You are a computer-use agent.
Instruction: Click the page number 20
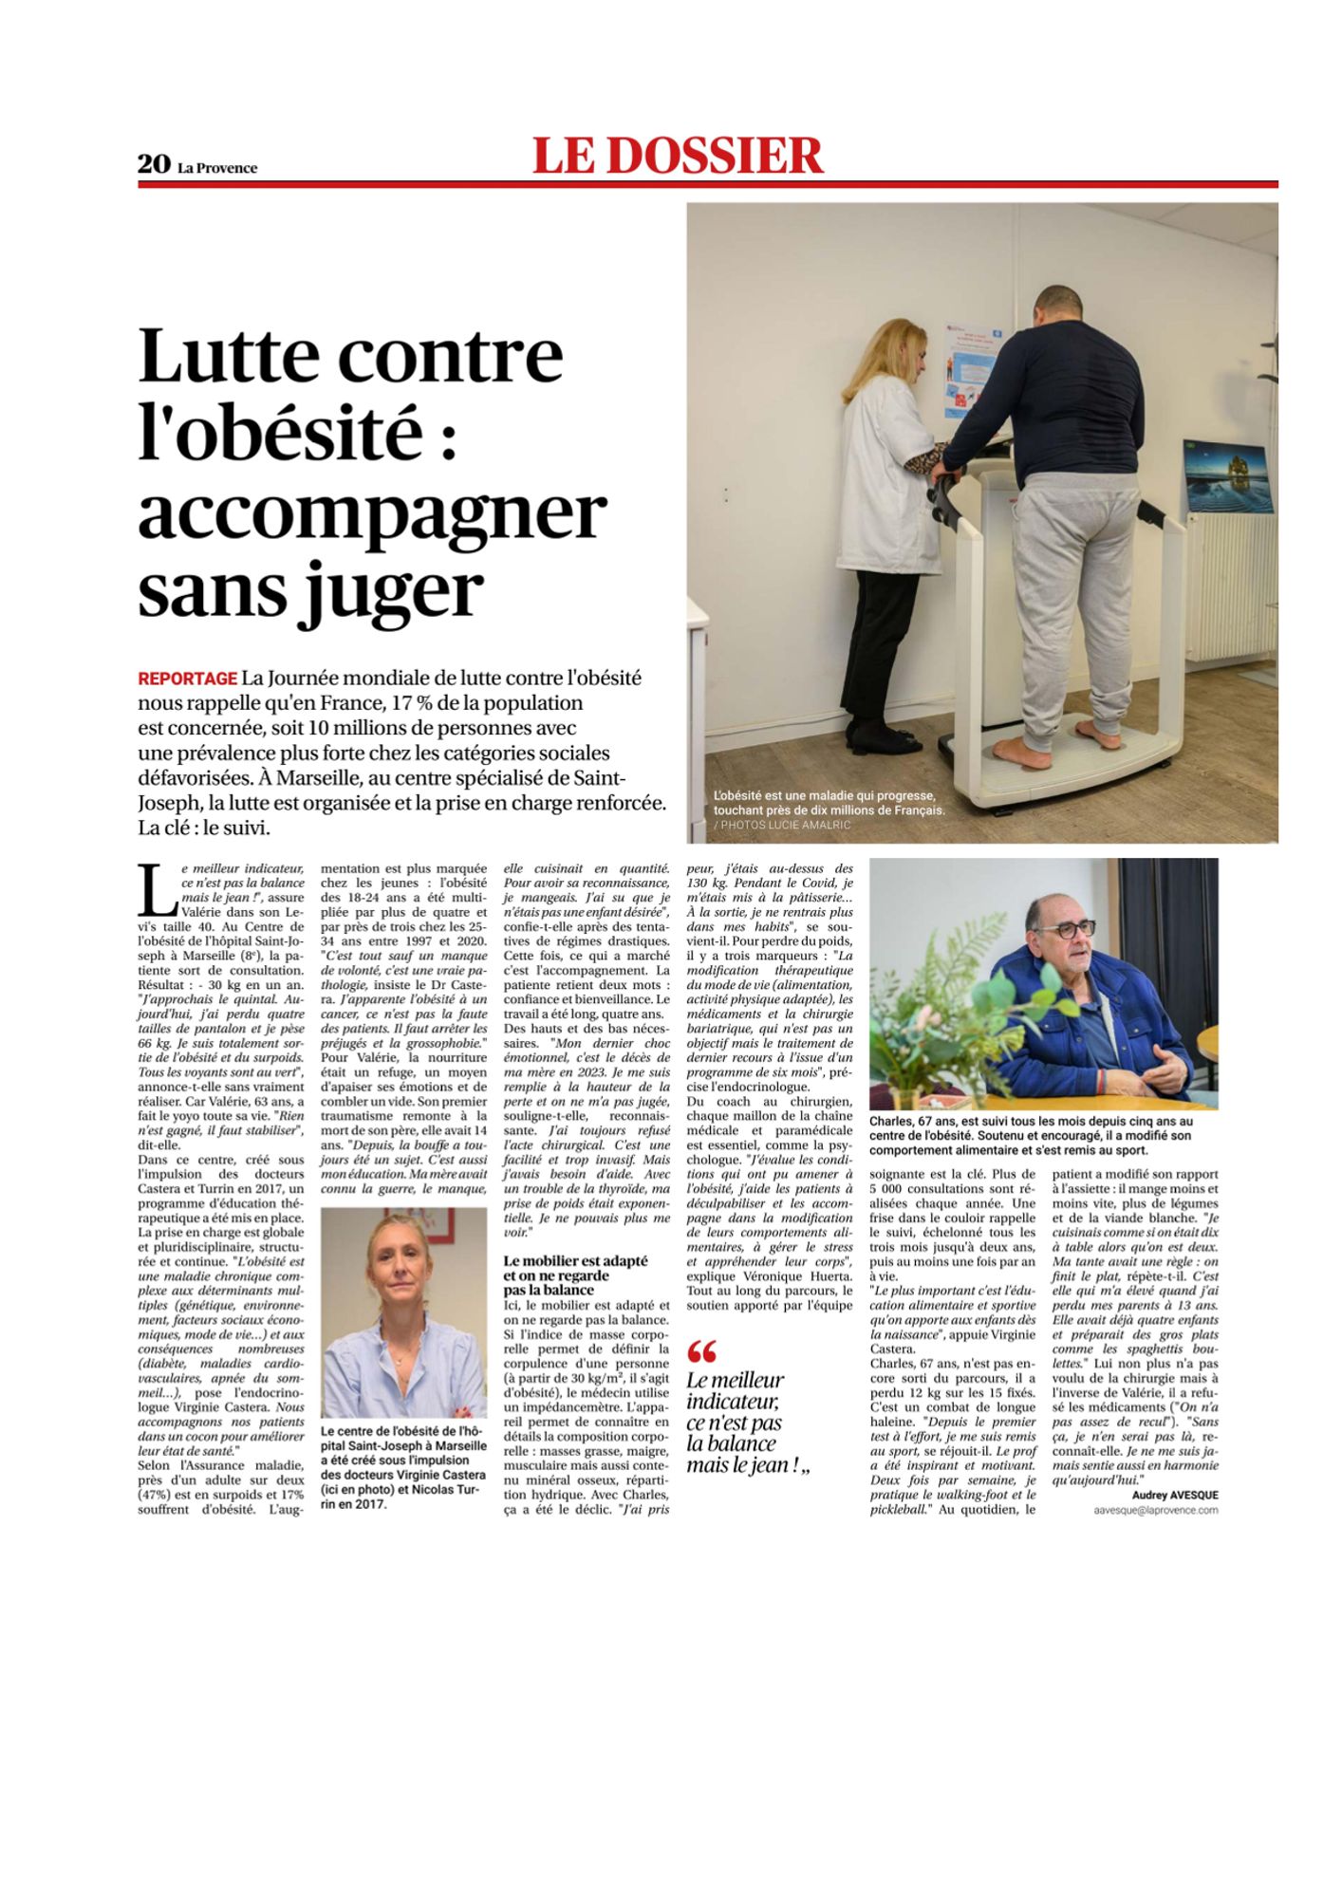click(x=153, y=164)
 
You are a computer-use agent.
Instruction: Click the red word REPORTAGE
click(x=187, y=679)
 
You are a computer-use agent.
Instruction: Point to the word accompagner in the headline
click(x=372, y=513)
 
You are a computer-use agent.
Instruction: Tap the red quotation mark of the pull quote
click(x=701, y=1350)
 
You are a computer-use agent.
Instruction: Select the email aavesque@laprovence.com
click(x=1155, y=1510)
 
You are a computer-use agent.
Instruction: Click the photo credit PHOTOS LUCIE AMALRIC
click(x=787, y=826)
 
